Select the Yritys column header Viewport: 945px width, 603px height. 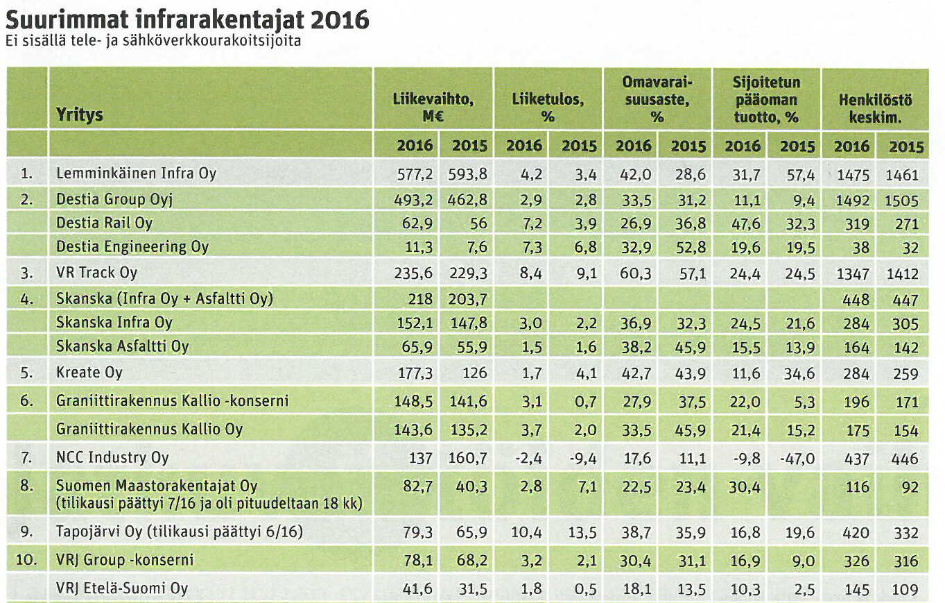pyautogui.click(x=80, y=114)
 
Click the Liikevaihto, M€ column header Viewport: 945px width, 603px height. pyautogui.click(x=433, y=108)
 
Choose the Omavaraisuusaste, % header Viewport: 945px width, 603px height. pyautogui.click(x=657, y=100)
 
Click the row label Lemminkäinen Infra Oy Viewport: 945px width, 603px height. pyautogui.click(x=136, y=173)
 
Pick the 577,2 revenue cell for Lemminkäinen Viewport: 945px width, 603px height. pyautogui.click(x=414, y=174)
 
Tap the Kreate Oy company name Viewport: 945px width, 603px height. pyautogui.click(x=89, y=373)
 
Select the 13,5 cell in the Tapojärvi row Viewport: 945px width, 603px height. pyautogui.click(x=578, y=533)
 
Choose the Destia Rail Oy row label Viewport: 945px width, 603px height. pyautogui.click(x=104, y=223)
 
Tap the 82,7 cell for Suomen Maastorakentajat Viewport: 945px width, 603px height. pyautogui.click(x=417, y=485)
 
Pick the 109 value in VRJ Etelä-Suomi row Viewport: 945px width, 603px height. pyautogui.click(x=905, y=590)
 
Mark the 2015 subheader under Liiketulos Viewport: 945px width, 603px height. pyautogui.click(x=578, y=146)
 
